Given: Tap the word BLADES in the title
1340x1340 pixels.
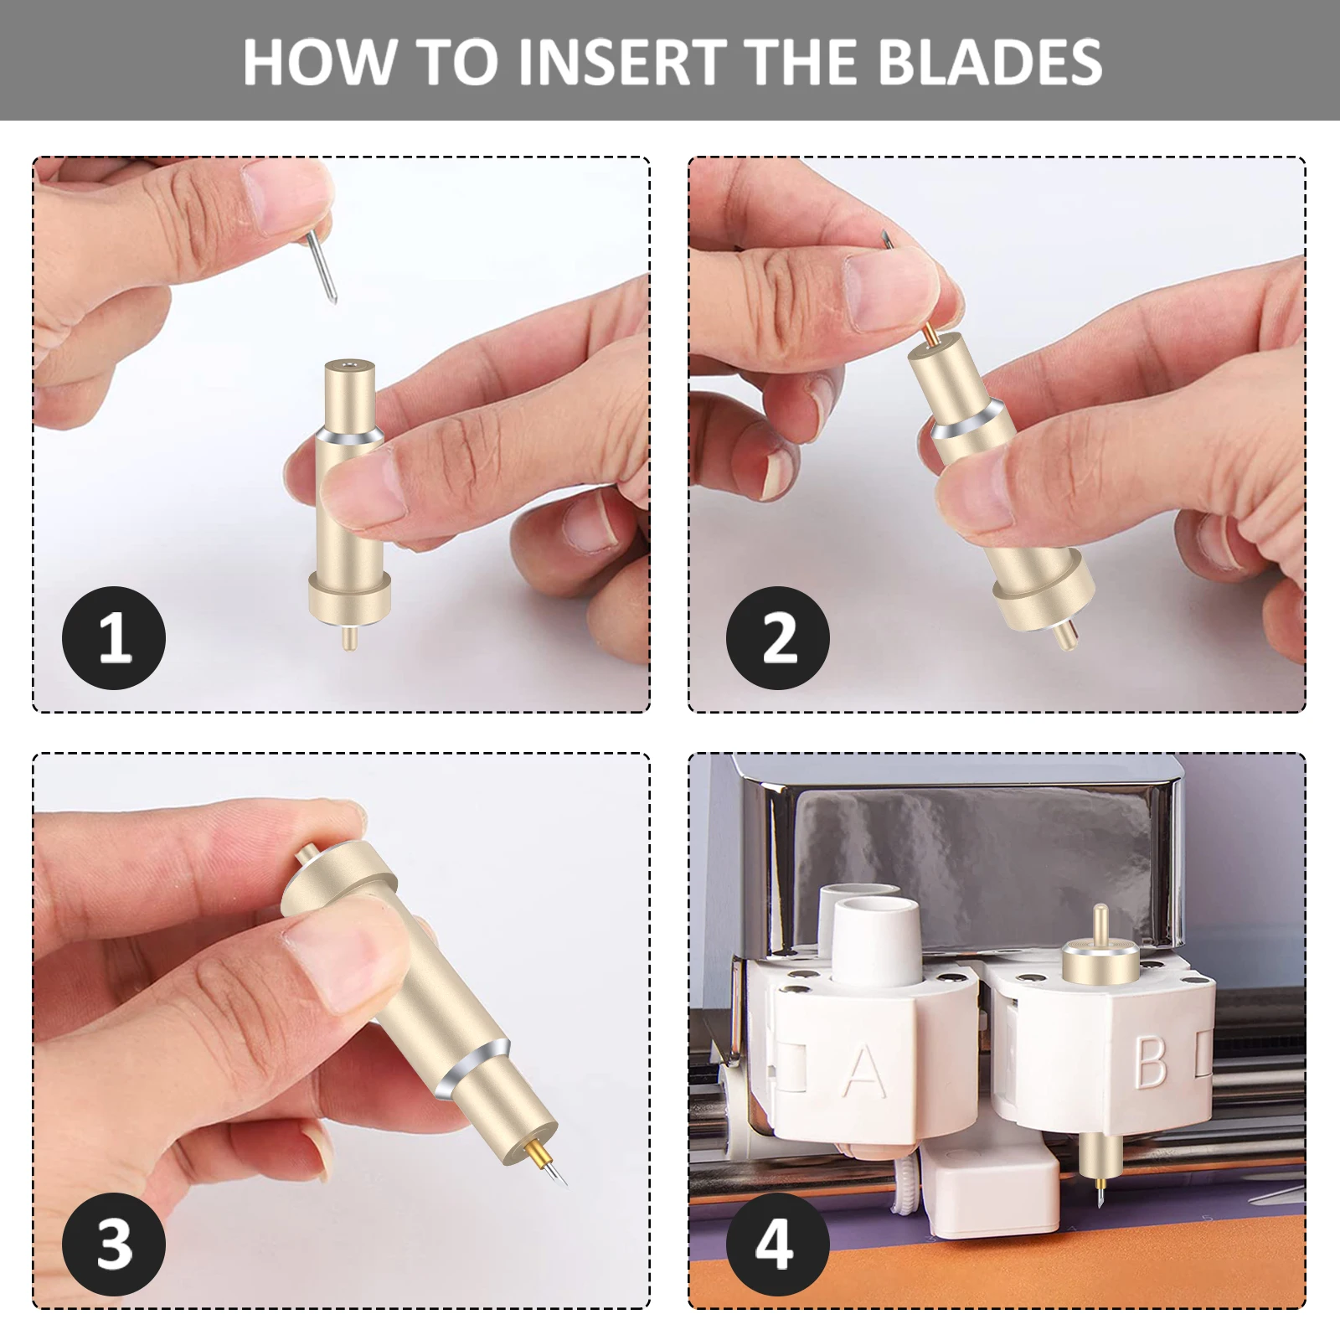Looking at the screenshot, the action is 992,61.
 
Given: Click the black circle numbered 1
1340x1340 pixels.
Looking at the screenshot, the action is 114,638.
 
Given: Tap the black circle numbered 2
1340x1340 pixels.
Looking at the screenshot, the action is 777,638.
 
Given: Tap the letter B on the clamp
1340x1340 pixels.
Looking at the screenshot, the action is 1152,1062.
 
